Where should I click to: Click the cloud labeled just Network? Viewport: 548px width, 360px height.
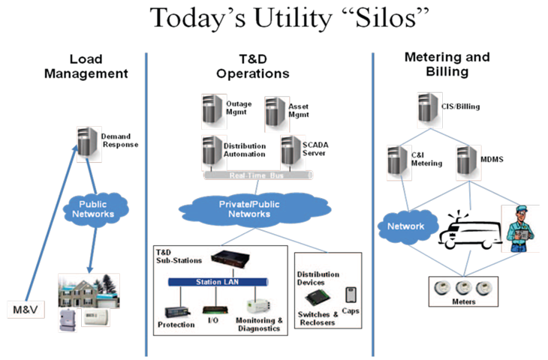[405, 226]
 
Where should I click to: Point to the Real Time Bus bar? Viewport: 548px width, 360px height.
[257, 174]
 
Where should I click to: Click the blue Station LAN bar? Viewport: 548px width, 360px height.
[217, 283]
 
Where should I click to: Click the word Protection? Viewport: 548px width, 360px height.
[177, 325]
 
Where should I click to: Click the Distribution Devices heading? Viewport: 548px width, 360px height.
[318, 279]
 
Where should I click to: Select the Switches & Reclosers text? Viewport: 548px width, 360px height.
[318, 318]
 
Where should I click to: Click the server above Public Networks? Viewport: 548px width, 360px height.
[89, 144]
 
